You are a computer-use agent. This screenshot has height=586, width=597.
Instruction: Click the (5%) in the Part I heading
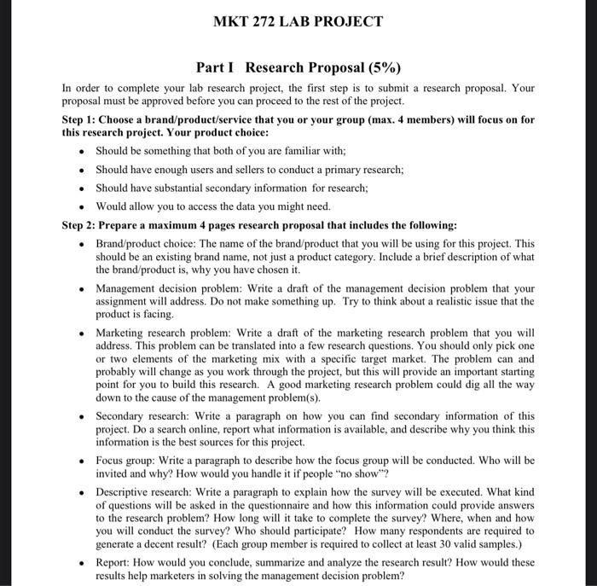coord(379,67)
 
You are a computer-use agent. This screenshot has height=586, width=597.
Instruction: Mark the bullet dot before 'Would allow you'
coord(80,207)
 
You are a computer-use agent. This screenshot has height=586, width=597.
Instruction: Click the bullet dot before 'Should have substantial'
coord(80,189)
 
